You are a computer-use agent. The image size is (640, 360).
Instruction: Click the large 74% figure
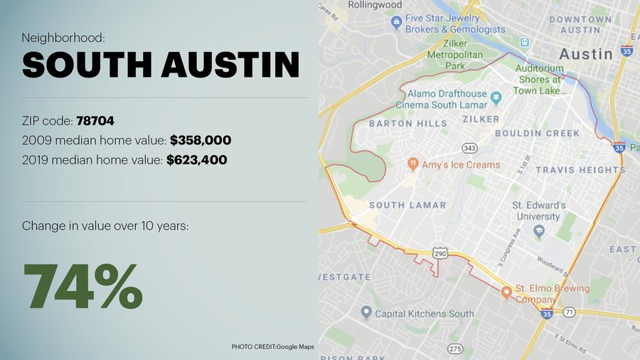(x=83, y=286)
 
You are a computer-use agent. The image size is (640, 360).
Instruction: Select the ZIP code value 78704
(x=95, y=121)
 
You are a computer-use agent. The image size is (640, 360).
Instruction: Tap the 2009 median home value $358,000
(x=200, y=140)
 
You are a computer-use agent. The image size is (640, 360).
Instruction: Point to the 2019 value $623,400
(x=196, y=160)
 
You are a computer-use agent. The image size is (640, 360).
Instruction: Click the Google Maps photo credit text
(x=272, y=346)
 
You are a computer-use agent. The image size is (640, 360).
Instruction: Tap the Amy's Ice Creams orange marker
(x=412, y=164)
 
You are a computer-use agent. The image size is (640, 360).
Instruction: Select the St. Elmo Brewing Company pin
(x=506, y=292)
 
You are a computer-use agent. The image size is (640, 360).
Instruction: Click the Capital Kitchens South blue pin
(x=366, y=312)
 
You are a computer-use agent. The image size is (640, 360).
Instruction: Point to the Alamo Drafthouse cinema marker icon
(x=496, y=96)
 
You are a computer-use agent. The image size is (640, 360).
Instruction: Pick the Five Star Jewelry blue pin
(x=396, y=23)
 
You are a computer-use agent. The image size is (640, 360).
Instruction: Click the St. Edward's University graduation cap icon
(x=539, y=231)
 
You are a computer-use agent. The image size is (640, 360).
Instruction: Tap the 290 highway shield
(x=440, y=253)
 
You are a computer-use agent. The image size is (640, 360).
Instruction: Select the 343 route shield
(x=469, y=148)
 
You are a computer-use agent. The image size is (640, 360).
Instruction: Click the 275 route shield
(x=455, y=348)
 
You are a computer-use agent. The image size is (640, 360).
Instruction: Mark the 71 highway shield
(x=569, y=312)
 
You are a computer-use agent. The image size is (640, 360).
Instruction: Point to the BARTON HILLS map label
(x=408, y=123)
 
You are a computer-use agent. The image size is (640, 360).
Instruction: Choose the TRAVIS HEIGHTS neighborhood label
(x=580, y=170)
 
